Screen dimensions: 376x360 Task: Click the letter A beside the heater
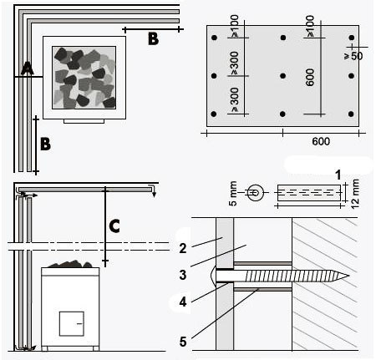(28, 68)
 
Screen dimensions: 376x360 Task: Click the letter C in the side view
(114, 226)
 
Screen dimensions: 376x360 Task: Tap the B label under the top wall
(153, 38)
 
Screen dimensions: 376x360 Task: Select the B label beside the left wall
(45, 144)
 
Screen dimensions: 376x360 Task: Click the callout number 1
(338, 175)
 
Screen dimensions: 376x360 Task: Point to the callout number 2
(183, 248)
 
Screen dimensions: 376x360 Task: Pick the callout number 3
(183, 275)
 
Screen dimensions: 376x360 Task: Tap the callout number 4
(183, 302)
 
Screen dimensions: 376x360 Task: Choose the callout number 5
(183, 342)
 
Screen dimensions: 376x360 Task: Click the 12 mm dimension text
(355, 194)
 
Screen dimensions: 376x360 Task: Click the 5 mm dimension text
(233, 194)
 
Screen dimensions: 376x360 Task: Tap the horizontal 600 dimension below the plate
(321, 141)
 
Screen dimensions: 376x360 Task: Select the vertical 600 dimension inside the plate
(310, 78)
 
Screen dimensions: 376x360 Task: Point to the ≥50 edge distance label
(353, 56)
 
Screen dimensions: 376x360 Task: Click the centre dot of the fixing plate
(283, 76)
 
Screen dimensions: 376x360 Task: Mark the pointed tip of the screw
(348, 276)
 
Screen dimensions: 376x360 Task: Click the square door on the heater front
(71, 324)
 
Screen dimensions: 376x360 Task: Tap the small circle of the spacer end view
(256, 192)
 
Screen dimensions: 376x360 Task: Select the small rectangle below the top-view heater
(84, 121)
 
